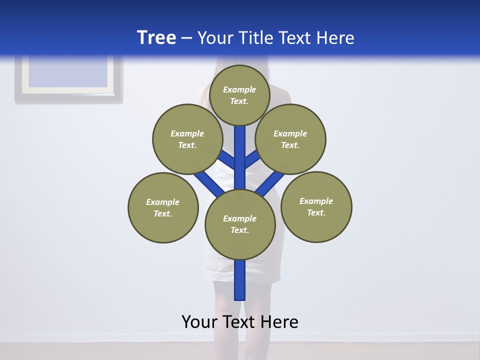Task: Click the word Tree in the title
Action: click(x=156, y=37)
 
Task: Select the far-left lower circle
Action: click(x=163, y=207)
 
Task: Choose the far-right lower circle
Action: click(x=316, y=206)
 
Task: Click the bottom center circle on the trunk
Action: click(x=240, y=224)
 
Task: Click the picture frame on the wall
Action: click(x=68, y=78)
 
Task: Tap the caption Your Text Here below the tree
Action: click(x=240, y=321)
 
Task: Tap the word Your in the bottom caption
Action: click(x=199, y=321)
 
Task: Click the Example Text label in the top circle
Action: click(x=239, y=95)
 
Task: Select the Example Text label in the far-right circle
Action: click(x=316, y=206)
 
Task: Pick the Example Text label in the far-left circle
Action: click(x=163, y=207)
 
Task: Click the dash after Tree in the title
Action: click(x=186, y=38)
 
